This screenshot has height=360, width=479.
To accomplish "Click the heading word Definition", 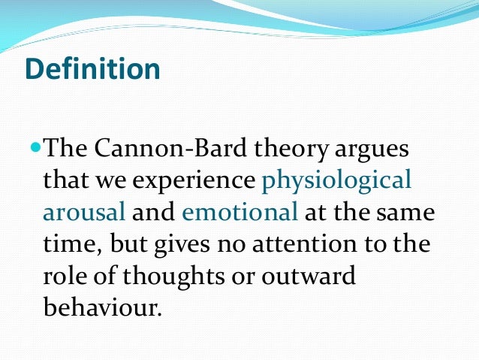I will tap(92, 70).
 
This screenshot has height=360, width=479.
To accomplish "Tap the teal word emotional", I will tap(240, 213).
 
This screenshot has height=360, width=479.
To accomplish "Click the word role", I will tap(66, 276).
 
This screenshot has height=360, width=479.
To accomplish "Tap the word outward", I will tap(313, 276).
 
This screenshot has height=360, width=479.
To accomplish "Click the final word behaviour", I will tap(102, 308).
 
